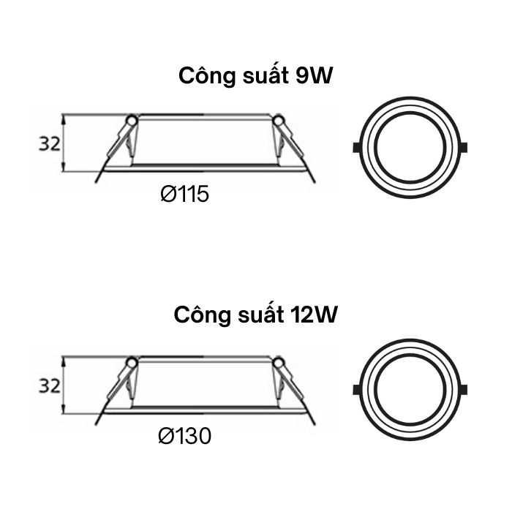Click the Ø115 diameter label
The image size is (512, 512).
[184, 195]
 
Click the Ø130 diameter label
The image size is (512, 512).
[184, 437]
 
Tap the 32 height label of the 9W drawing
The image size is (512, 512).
[49, 144]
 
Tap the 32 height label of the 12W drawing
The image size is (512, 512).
[49, 386]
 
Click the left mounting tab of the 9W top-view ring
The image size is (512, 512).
[356, 146]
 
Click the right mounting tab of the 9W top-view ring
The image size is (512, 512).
[465, 146]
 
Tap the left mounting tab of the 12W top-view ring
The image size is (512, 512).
[356, 388]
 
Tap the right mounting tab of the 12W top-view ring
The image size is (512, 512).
[465, 388]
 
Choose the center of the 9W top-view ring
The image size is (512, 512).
[410, 146]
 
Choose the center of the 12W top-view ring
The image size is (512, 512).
[410, 388]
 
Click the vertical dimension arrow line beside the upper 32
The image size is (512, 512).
[64, 143]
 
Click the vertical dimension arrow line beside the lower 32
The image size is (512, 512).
[64, 386]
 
